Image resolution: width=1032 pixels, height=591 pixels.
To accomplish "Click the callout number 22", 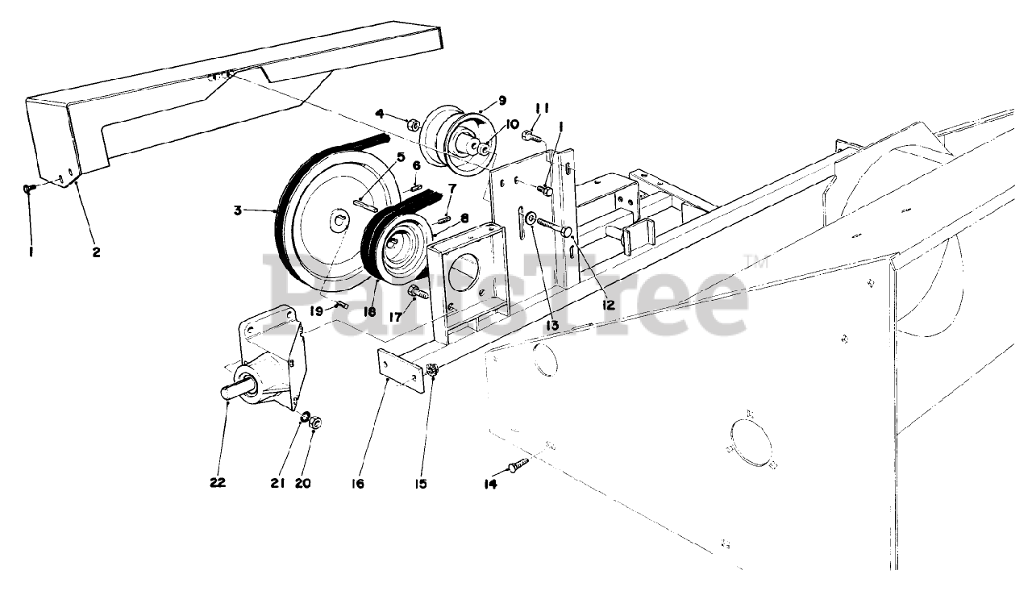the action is [x=217, y=483].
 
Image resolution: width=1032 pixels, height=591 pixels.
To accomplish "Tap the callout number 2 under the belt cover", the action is [x=96, y=252].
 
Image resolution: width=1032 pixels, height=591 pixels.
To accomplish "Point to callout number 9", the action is [x=501, y=101].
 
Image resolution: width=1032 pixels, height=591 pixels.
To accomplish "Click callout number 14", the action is [x=490, y=484].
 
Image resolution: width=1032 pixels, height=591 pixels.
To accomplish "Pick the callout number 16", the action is [x=358, y=484].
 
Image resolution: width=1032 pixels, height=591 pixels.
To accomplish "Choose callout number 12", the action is [x=607, y=306].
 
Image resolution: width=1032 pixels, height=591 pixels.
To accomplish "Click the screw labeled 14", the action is [x=517, y=465].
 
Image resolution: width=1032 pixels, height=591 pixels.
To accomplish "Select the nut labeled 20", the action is [x=316, y=422].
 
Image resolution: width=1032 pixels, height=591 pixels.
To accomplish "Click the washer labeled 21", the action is [x=306, y=418].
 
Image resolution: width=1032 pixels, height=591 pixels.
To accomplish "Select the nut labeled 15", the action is [x=432, y=371].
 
